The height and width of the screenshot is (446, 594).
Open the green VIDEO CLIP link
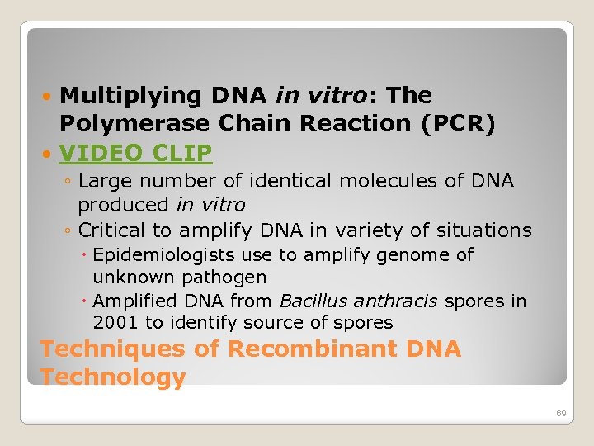point(135,153)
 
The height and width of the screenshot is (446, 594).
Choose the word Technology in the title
point(112,377)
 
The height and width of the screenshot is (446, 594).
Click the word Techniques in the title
point(113,349)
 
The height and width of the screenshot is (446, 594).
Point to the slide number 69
point(561,412)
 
